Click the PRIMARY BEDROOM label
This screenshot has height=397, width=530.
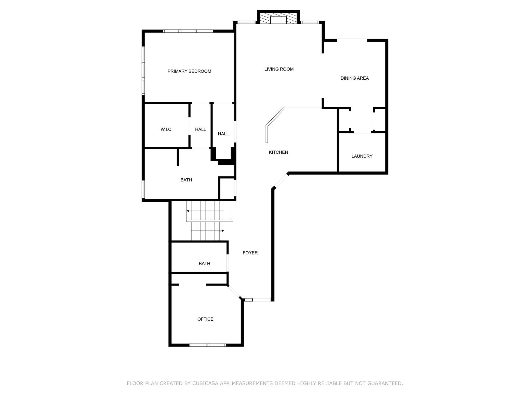[x=189, y=71]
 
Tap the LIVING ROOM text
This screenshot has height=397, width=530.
[x=279, y=69]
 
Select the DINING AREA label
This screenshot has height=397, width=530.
[x=354, y=78]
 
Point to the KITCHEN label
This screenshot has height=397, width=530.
[x=278, y=152]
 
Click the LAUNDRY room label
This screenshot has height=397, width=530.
[x=362, y=156]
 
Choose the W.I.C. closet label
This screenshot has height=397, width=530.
[x=166, y=130]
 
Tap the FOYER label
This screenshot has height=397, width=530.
[x=250, y=253]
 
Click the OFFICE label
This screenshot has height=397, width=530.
[x=205, y=319]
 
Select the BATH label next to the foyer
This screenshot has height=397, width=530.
[x=204, y=264]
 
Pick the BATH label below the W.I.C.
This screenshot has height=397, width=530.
[x=186, y=180]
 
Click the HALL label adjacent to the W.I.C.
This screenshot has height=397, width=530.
[x=200, y=130]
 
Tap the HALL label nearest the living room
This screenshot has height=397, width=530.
[x=223, y=134]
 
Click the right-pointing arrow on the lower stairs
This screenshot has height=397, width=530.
[x=222, y=231]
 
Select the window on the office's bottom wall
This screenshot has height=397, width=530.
[x=208, y=345]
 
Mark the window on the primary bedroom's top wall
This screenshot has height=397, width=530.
[x=188, y=31]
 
